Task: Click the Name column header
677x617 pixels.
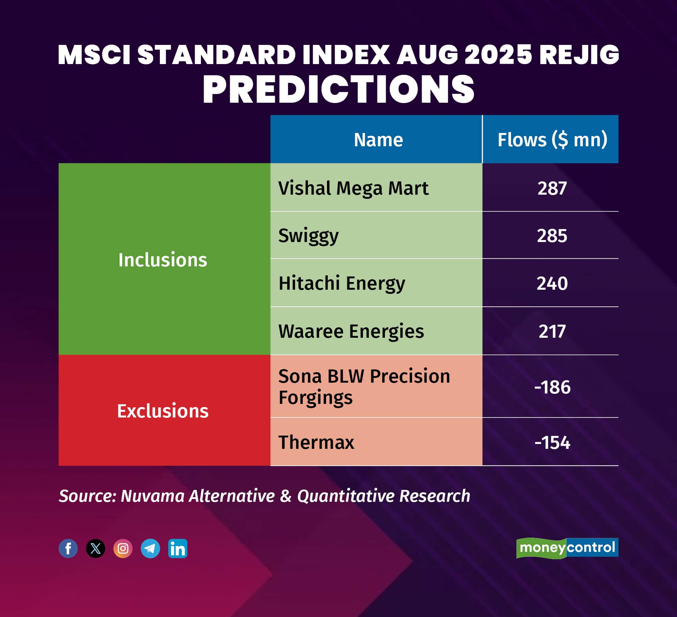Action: coord(378,140)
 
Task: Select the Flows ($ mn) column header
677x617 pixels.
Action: coord(552,140)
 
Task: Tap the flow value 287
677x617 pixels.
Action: coord(552,188)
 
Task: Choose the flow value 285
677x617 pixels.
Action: coord(552,236)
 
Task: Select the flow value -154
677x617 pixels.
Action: coord(552,443)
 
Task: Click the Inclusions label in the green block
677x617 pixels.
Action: coord(163,260)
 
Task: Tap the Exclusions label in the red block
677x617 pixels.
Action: coord(163,411)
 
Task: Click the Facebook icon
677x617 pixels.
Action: coord(68,548)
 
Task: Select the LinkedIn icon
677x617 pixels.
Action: coord(178,548)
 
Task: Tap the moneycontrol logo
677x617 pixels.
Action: coord(567,548)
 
